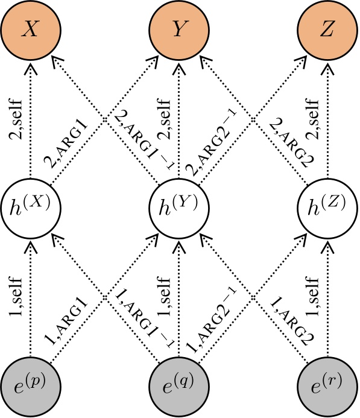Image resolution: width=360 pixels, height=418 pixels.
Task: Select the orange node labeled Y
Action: (x=178, y=30)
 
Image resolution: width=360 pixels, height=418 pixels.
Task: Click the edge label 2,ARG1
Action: (x=68, y=144)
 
